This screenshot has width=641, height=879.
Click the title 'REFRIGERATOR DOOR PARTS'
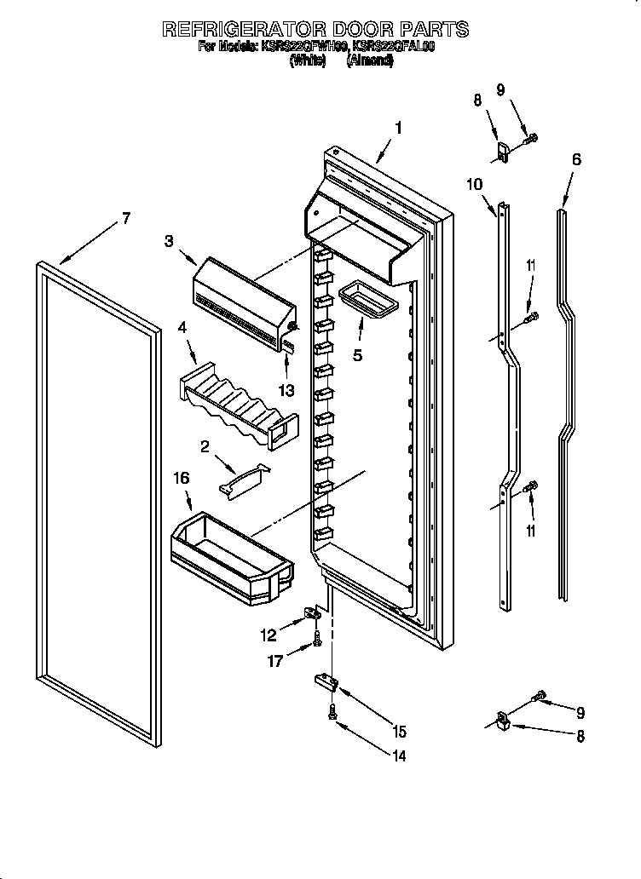click(315, 29)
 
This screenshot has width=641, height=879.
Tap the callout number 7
click(125, 218)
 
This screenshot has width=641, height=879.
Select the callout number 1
click(397, 129)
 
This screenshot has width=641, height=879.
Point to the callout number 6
click(576, 158)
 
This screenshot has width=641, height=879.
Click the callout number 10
click(475, 183)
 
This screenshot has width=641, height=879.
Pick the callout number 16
click(182, 480)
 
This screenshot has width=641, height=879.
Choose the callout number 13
click(287, 391)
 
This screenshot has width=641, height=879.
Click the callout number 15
click(399, 731)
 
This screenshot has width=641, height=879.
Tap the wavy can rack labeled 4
click(239, 405)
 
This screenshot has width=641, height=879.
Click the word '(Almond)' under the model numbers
click(369, 61)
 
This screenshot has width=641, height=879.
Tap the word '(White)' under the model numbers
click(308, 61)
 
